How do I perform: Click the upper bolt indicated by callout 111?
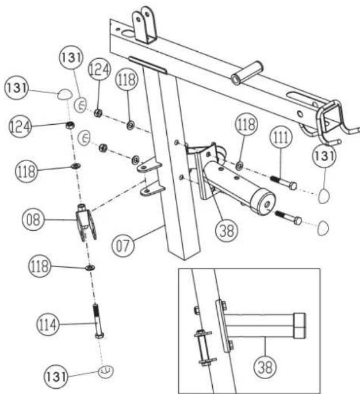click(282, 181)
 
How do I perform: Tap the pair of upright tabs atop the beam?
click(145, 24)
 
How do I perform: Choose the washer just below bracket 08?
click(90, 267)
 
